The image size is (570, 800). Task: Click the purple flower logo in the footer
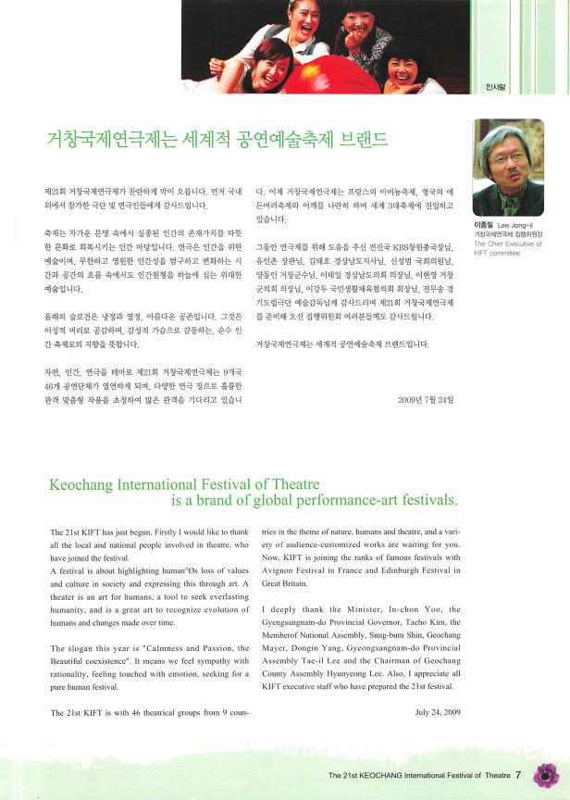point(547,774)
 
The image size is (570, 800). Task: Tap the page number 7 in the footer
point(519,775)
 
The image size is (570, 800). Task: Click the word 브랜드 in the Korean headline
point(360,140)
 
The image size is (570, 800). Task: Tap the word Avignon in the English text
point(283,572)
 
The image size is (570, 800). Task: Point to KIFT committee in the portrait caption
point(500,251)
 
